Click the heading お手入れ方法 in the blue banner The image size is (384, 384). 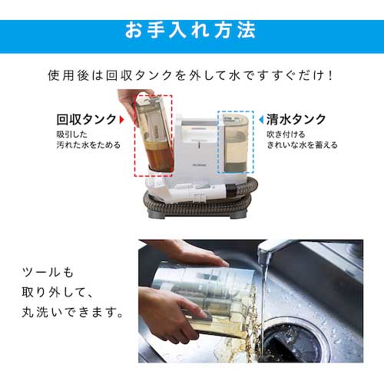tap(190, 30)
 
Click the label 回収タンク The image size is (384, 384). tap(87, 119)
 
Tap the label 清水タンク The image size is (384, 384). tap(296, 119)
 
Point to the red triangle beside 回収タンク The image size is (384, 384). tap(122, 120)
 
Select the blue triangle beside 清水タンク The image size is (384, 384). tap(261, 120)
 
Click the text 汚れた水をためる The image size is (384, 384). tap(88, 145)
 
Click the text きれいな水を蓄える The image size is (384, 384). tap(302, 145)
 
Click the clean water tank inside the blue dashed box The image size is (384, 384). tap(236, 144)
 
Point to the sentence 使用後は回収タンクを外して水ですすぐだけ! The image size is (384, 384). tap(190, 75)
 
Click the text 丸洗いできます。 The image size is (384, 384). tap(73, 313)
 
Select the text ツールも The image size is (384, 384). tap(48, 272)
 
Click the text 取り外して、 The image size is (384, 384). tap(58, 292)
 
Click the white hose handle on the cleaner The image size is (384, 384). tap(198, 191)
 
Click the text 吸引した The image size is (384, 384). tap(72, 134)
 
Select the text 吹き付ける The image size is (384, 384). tap(286, 134)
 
